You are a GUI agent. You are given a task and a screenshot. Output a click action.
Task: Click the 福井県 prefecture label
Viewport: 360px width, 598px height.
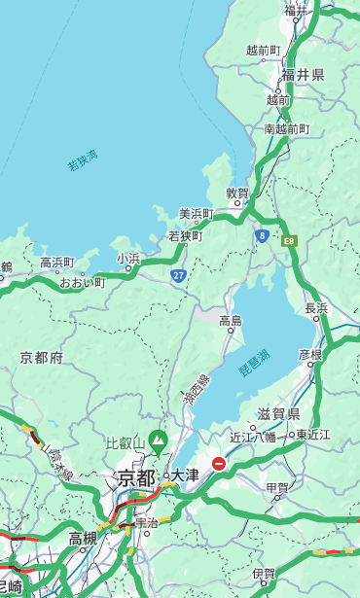[303, 75]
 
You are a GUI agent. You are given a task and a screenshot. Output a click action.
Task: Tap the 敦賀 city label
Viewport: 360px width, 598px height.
[237, 193]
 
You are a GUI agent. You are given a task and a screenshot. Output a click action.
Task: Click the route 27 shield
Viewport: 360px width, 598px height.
[179, 276]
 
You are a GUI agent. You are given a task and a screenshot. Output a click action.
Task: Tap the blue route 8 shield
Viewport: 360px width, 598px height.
[262, 235]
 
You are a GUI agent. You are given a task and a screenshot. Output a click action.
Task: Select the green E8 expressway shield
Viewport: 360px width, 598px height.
[288, 239]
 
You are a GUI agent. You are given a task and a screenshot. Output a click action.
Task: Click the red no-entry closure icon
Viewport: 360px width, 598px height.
[219, 464]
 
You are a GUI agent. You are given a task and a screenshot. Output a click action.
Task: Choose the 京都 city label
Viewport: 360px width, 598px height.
[136, 477]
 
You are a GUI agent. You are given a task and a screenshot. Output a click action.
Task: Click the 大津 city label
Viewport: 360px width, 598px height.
[185, 475]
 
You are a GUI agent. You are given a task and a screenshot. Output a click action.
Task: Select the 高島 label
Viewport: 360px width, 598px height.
[231, 321]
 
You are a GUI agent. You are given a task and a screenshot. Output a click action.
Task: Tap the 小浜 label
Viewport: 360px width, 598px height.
[128, 259]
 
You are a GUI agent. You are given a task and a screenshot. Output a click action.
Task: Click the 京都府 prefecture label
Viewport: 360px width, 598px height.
[41, 358]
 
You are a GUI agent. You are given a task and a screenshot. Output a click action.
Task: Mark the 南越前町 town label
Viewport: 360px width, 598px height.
[286, 128]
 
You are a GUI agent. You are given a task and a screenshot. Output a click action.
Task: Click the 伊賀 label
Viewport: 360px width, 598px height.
[264, 574]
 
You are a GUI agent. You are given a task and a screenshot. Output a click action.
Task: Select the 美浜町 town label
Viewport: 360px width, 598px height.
[196, 213]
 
